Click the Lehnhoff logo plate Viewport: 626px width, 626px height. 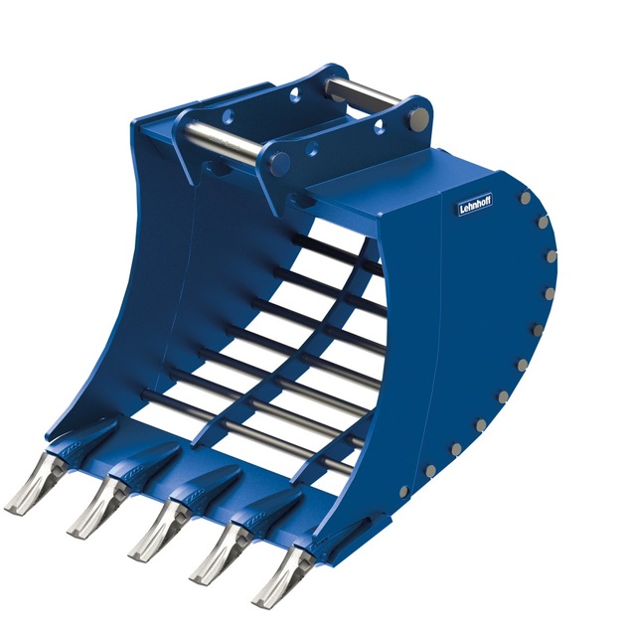[x=475, y=206]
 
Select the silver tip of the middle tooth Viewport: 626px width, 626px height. [x=158, y=530]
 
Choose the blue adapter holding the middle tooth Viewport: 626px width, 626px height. [x=205, y=486]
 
